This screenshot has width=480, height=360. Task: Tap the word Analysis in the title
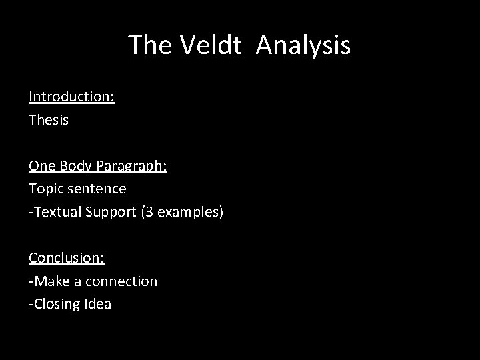303,46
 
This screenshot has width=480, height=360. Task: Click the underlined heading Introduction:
71,97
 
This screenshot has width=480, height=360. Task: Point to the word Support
113,213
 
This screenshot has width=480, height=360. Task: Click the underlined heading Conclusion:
66,258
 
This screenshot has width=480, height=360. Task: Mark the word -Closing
55,305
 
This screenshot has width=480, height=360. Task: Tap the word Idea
98,305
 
